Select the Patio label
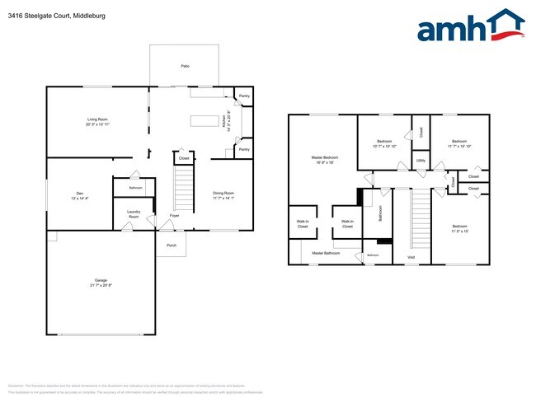(186, 65)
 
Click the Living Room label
(98, 123)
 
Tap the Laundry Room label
(133, 214)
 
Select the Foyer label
(174, 216)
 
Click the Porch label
(172, 245)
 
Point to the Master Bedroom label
(323, 160)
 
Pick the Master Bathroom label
(326, 253)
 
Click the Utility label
(421, 160)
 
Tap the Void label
(411, 258)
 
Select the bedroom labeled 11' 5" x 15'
(459, 228)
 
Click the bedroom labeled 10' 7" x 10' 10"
(384, 143)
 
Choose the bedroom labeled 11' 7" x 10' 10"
(458, 143)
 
